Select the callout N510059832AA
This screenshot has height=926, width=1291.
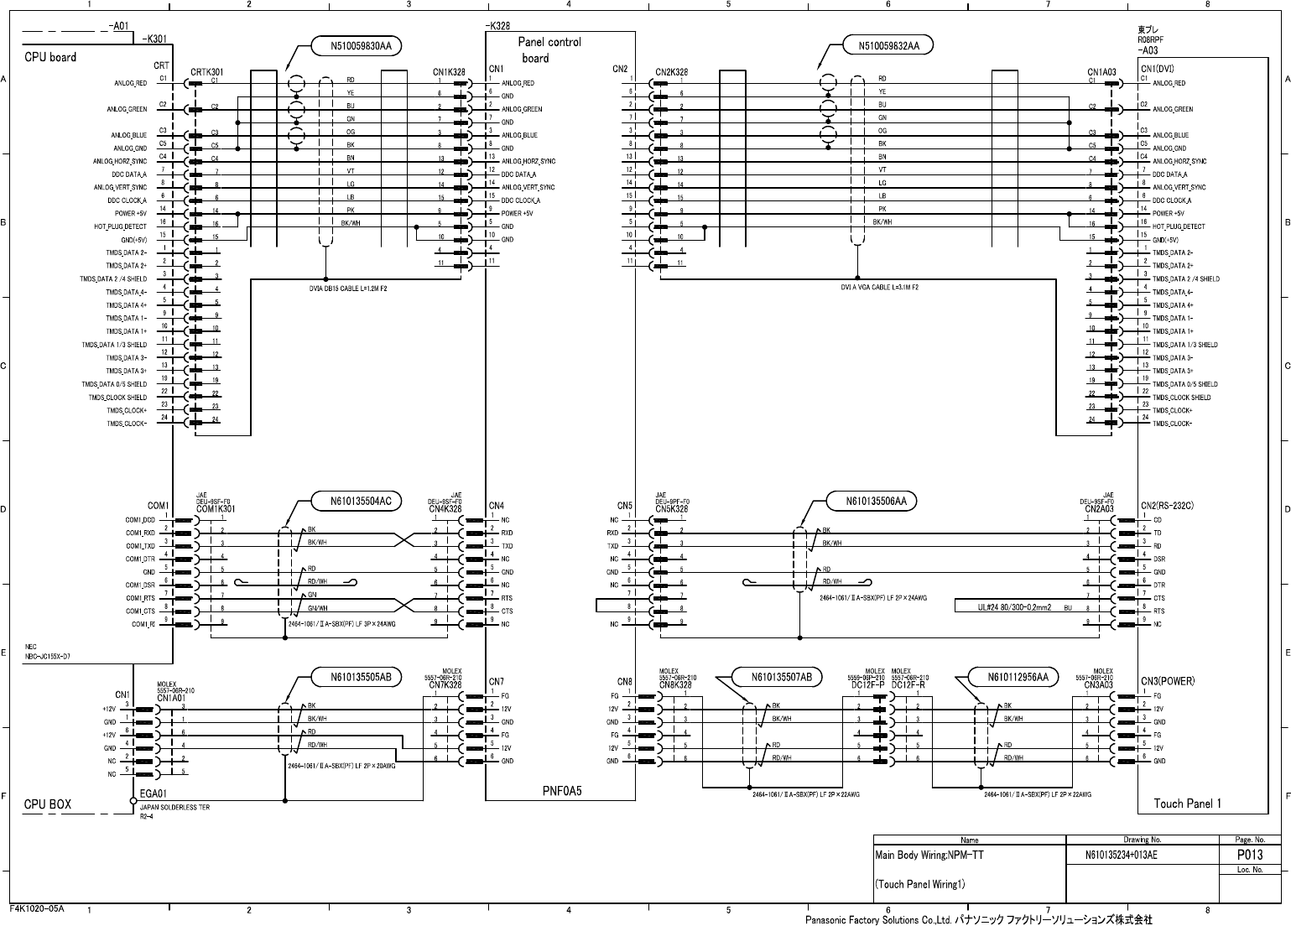[x=889, y=45]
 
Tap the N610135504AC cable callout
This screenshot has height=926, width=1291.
[x=357, y=502]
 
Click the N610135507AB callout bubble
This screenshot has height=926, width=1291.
[x=775, y=677]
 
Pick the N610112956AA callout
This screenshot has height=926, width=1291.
[x=1012, y=677]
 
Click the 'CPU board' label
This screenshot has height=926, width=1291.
[x=50, y=57]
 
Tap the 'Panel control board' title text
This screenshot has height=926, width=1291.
[x=549, y=49]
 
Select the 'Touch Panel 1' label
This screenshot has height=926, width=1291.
[x=1187, y=804]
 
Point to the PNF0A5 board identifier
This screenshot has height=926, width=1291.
[x=562, y=791]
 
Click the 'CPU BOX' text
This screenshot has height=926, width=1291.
[x=47, y=804]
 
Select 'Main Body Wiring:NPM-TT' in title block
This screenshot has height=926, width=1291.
[x=929, y=856]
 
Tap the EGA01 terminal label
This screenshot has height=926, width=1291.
[x=154, y=793]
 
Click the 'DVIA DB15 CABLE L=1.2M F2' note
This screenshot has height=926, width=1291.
[x=348, y=288]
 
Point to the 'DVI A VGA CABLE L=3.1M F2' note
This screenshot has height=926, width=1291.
[x=880, y=287]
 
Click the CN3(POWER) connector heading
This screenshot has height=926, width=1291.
[x=1168, y=680]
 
